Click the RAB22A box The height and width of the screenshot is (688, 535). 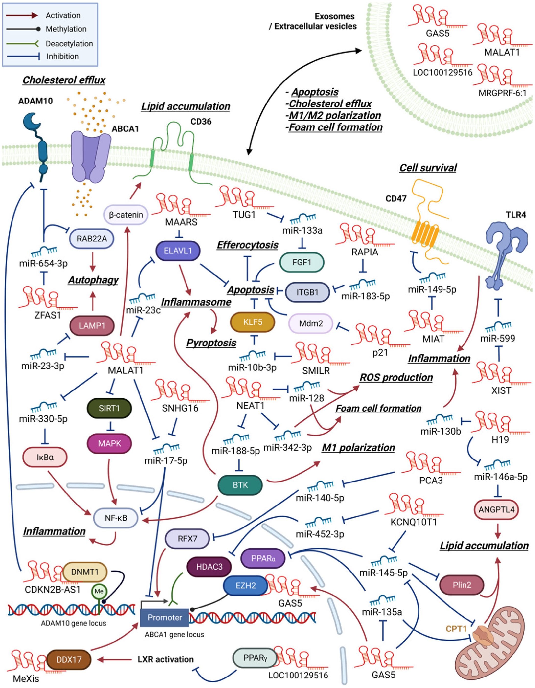pyautogui.click(x=91, y=239)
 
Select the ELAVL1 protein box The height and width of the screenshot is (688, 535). pyautogui.click(x=178, y=251)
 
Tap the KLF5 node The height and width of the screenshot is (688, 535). pyautogui.click(x=253, y=322)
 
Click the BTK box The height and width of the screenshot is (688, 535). pyautogui.click(x=240, y=485)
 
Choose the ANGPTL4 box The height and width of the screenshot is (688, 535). pyautogui.click(x=497, y=509)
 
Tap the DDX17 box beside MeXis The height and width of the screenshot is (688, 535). pyautogui.click(x=69, y=660)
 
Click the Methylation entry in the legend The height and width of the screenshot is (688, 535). pyautogui.click(x=66, y=29)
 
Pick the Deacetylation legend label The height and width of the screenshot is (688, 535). pyautogui.click(x=69, y=44)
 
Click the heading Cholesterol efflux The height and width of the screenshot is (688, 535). pyautogui.click(x=64, y=80)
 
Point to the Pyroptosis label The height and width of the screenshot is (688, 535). pyautogui.click(x=211, y=343)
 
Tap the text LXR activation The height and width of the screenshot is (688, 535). pyautogui.click(x=165, y=659)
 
